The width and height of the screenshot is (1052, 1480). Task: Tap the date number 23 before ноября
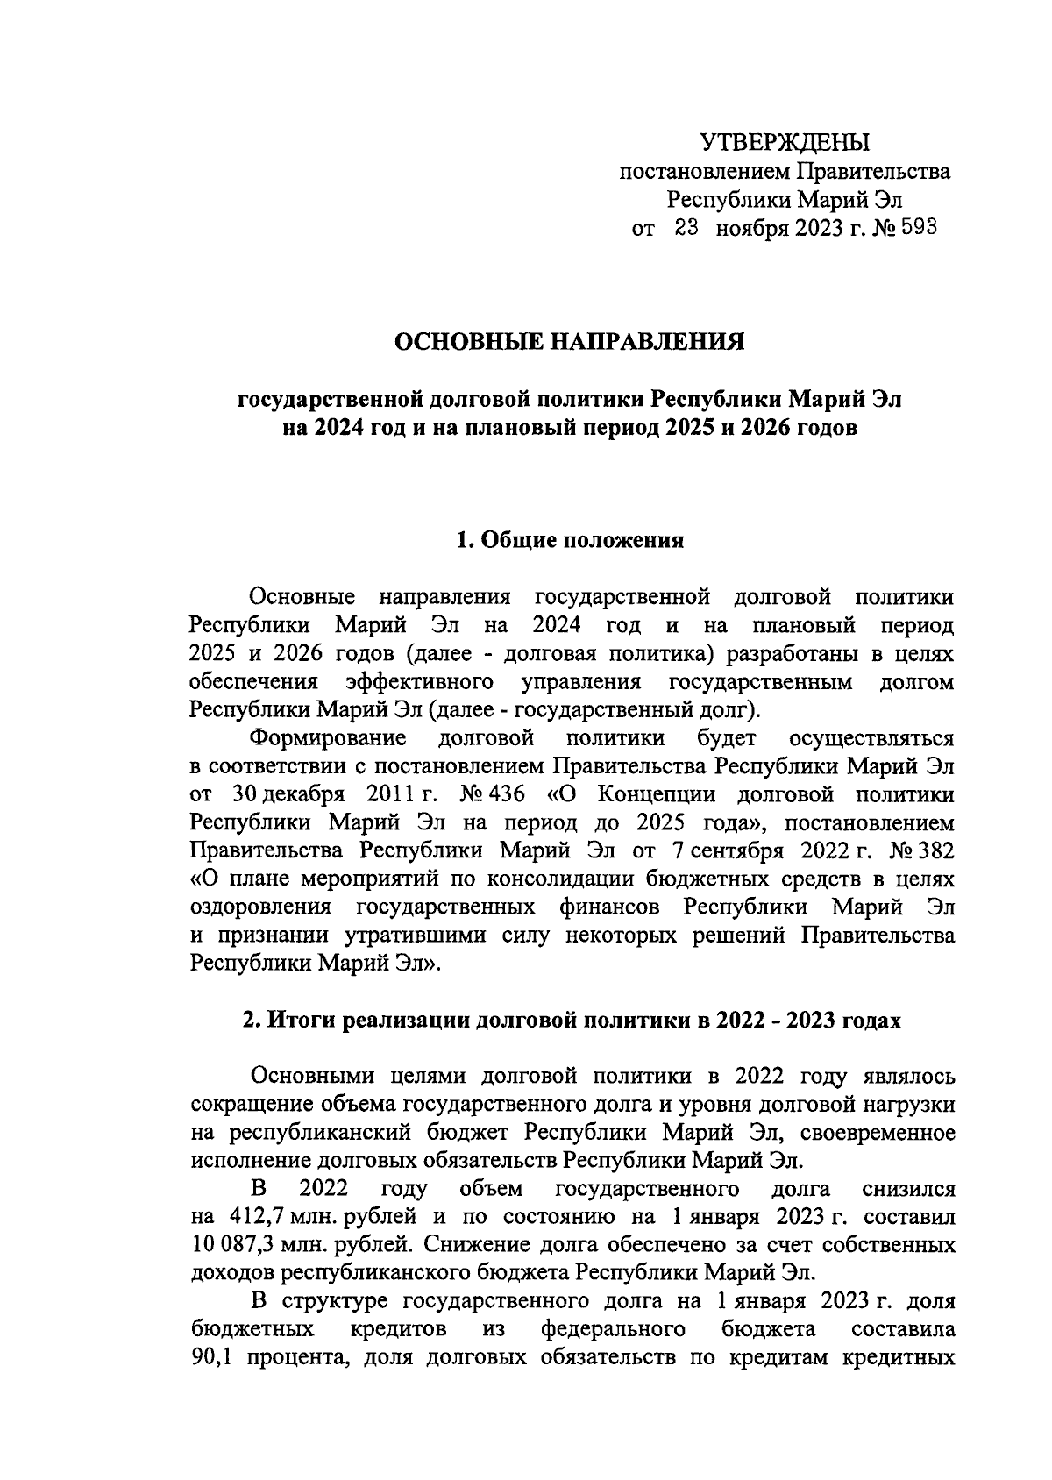[686, 229]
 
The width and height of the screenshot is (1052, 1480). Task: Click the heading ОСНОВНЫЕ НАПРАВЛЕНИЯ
[570, 341]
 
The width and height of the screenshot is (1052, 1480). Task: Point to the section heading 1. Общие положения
[570, 540]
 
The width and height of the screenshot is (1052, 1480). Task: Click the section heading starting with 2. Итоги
[571, 1021]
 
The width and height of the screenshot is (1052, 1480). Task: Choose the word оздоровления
[260, 907]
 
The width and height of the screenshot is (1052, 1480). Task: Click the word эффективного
[419, 681]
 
